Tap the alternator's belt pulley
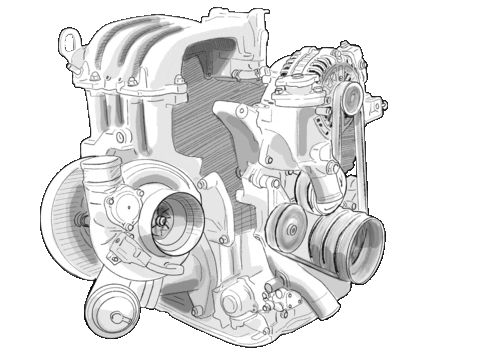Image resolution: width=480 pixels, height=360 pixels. pos(349,97)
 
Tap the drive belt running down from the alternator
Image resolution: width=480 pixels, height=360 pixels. pos(362,150)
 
